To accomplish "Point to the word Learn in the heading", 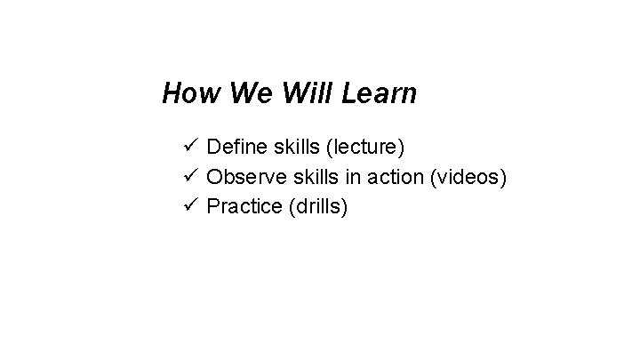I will coord(380,93).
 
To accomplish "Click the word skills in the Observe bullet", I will coord(309,178).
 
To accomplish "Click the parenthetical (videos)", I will coord(468,178).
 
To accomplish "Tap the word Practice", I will coord(242,207).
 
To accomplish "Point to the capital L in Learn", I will coord(348,93).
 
